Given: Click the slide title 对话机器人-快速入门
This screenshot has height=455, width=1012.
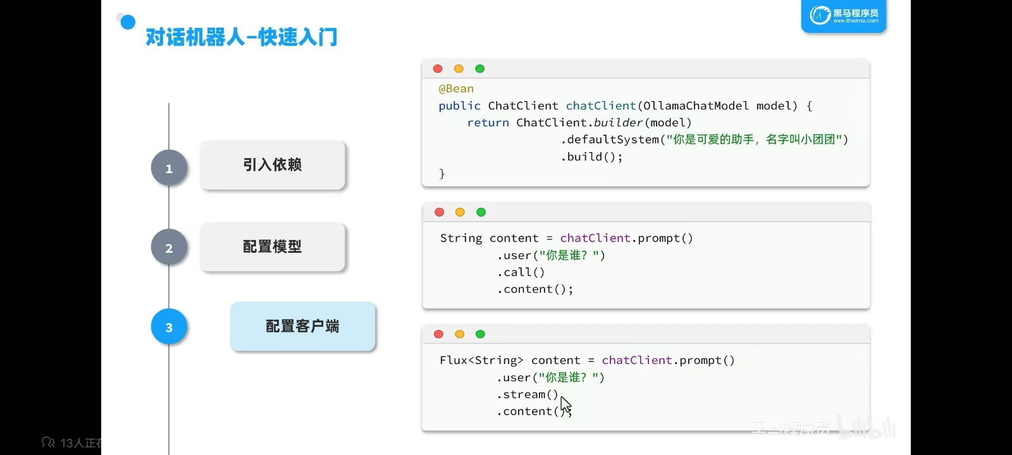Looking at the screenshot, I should (241, 37).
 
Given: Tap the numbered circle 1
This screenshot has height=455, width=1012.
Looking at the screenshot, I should (169, 168).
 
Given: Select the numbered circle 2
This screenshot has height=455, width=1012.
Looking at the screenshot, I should (169, 248).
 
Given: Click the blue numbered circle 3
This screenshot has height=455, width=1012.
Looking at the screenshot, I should (169, 327).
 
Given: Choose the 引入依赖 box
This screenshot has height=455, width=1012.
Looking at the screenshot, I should (273, 165).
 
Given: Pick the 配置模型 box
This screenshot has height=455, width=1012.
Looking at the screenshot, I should (273, 246).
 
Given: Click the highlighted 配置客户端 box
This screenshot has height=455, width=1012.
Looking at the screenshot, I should (302, 326).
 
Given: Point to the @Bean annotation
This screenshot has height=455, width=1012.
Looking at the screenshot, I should (456, 89).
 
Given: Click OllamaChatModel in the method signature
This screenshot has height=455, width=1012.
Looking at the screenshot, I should (696, 106).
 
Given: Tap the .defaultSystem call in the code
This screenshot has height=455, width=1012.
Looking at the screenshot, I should (610, 140).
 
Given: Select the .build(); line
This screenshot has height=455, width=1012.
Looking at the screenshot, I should (591, 157).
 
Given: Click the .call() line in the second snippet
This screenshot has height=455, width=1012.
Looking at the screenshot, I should (521, 272).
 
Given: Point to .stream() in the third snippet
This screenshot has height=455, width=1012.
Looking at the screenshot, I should (528, 394).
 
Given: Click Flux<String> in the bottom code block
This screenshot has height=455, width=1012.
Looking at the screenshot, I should (481, 360).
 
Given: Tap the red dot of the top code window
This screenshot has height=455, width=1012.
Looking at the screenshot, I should (438, 69).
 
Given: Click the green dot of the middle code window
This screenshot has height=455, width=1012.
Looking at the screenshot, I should (481, 212).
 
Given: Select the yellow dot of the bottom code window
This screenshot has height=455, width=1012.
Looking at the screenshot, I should (459, 334).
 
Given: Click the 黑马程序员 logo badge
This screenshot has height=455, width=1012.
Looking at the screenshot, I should (844, 16).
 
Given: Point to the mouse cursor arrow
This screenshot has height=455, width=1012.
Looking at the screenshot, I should (565, 404).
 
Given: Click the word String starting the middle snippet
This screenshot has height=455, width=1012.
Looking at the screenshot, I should (461, 238).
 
